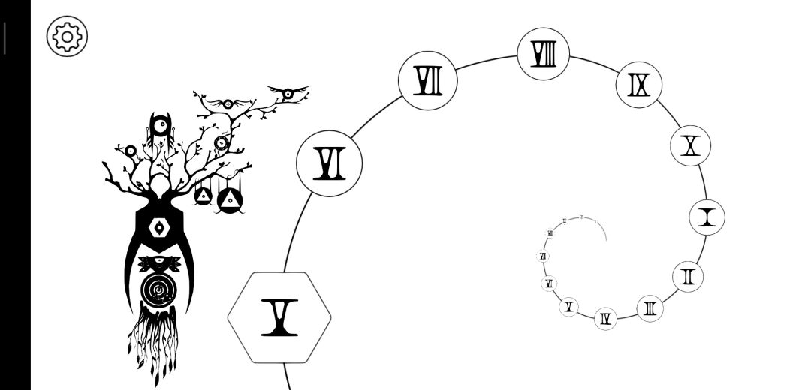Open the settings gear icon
(x=67, y=35)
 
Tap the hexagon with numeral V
(x=279, y=317)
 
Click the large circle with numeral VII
(x=428, y=81)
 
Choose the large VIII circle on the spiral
(x=543, y=54)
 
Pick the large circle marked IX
(x=639, y=85)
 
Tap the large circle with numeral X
(x=690, y=145)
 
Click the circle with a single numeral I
(x=707, y=218)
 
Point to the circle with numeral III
(x=650, y=307)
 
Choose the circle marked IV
(x=605, y=319)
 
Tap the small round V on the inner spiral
(x=568, y=306)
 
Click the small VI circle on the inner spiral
(x=550, y=283)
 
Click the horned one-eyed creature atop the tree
(x=160, y=132)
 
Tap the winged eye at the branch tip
(x=287, y=94)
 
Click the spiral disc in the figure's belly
(x=158, y=289)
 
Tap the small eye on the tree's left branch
(x=130, y=151)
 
